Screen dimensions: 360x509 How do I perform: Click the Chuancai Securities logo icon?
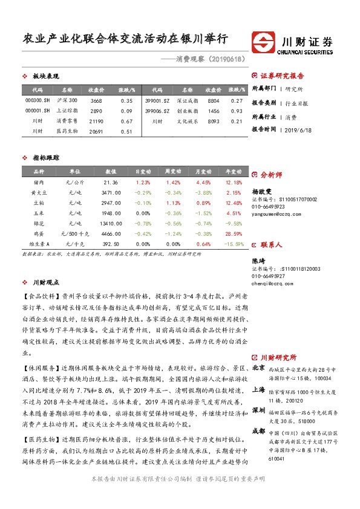[264, 44]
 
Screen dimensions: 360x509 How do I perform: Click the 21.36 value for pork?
[111, 182]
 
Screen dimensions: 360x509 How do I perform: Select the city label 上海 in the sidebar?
[258, 390]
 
